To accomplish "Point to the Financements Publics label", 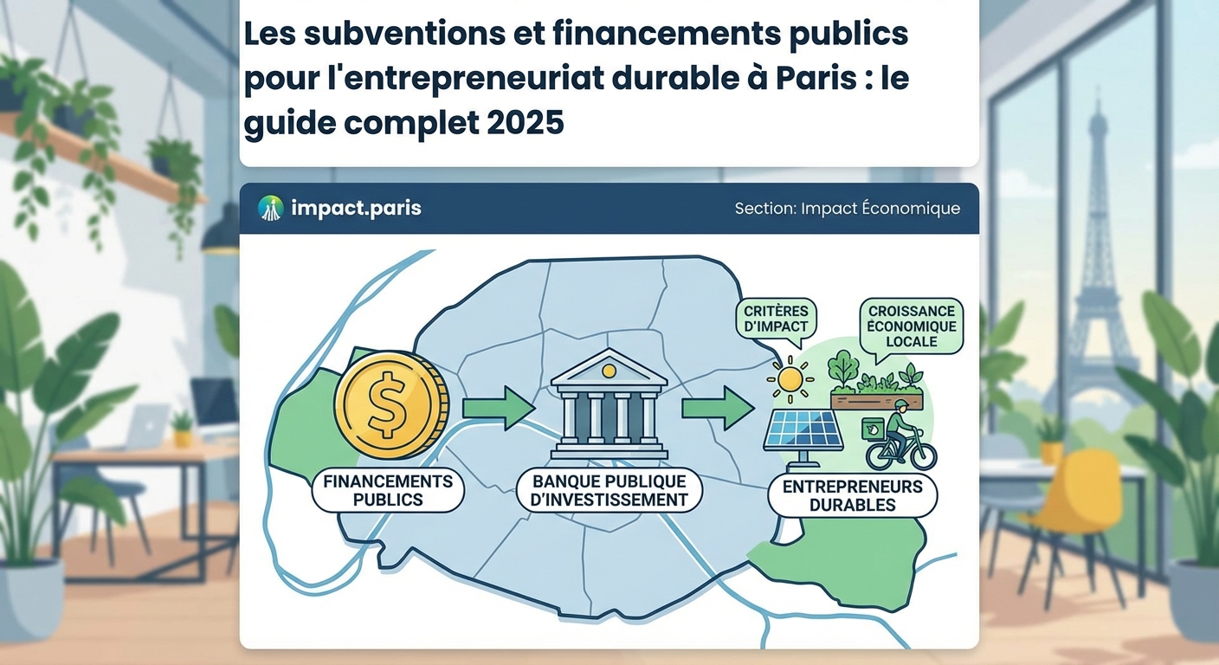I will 388,490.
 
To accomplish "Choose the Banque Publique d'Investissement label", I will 609,490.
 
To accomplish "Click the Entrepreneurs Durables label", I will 852,495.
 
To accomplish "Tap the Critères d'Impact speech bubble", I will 776,320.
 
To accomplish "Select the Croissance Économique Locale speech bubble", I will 912,326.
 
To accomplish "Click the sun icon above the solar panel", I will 790,378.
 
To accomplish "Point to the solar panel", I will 804,430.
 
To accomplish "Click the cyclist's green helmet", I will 901,405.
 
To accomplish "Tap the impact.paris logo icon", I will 271,208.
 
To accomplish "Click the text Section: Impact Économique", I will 847,209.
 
